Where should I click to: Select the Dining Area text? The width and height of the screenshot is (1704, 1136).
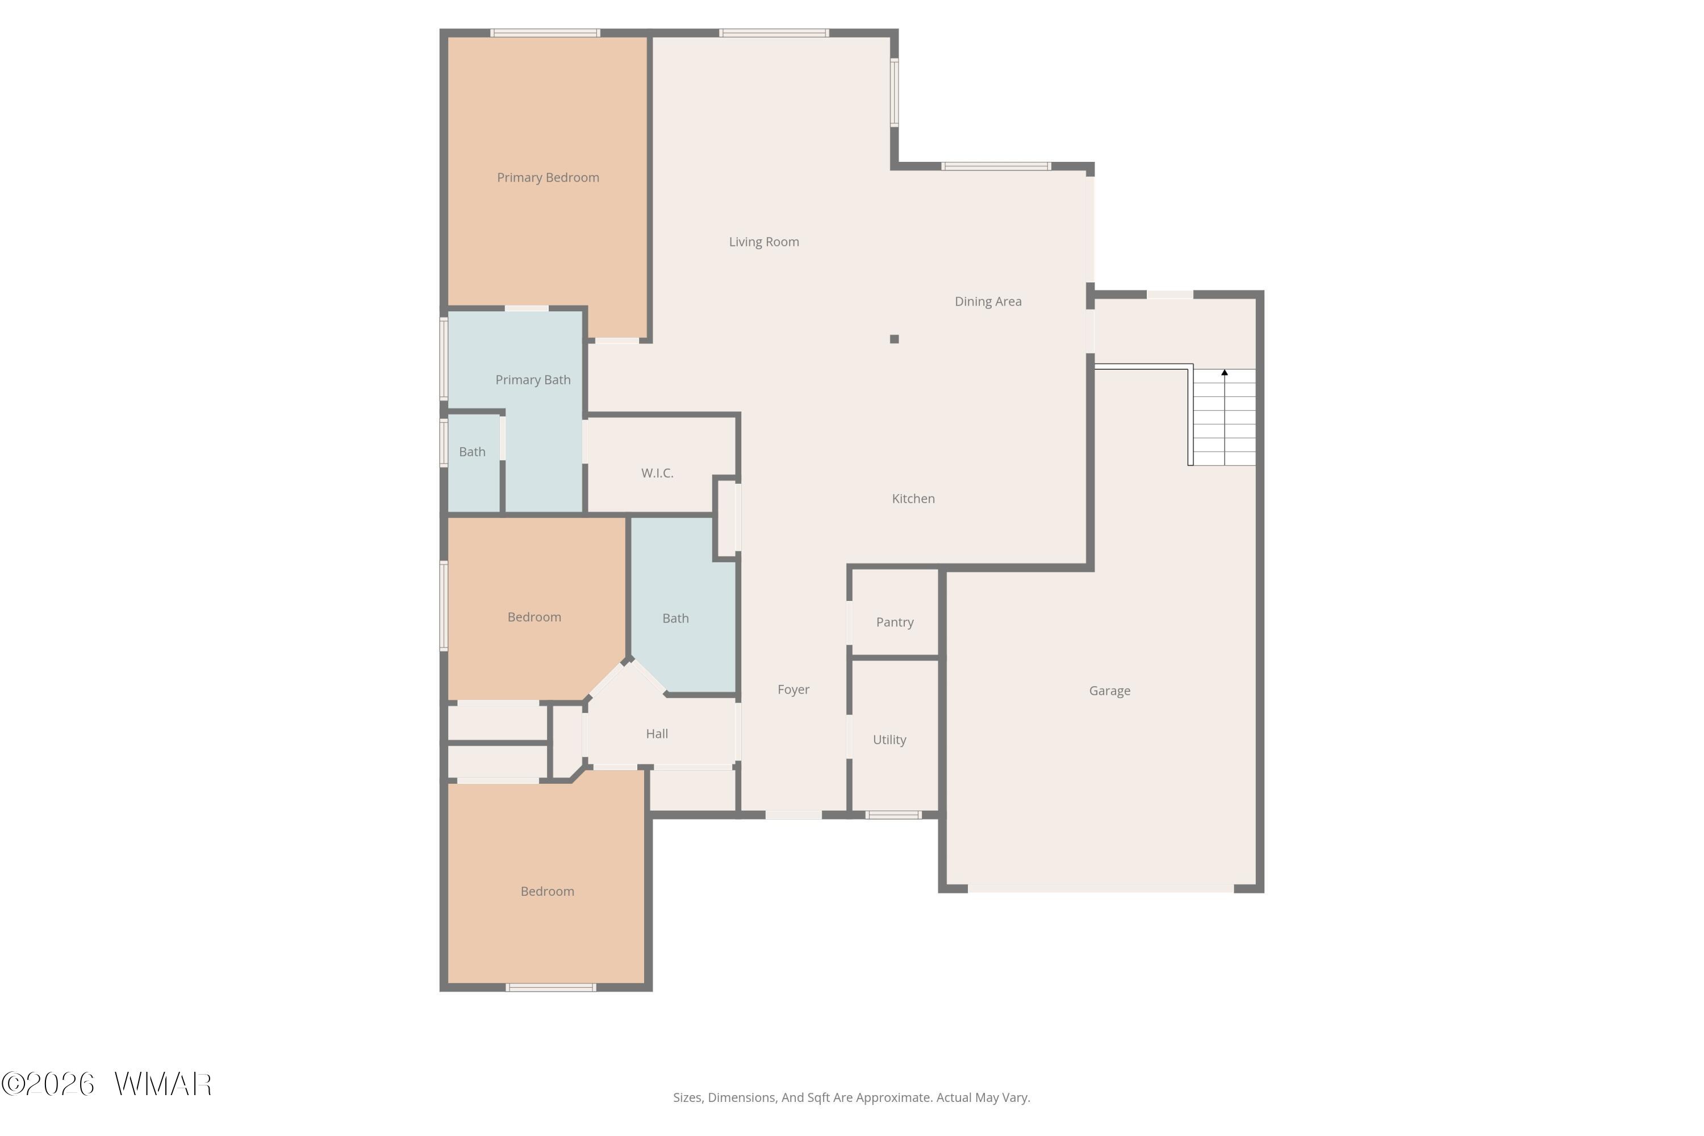pos(988,302)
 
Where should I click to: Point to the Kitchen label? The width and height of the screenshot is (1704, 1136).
pos(913,499)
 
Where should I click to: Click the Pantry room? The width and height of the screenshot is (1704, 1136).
pos(895,613)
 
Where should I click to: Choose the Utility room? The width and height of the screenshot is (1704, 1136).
pos(895,736)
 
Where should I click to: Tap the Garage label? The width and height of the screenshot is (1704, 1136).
pos(1109,691)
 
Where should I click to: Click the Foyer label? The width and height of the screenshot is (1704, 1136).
pos(793,690)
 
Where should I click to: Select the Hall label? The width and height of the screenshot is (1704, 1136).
pos(657,734)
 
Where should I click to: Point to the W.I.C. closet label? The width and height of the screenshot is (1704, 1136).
pos(657,473)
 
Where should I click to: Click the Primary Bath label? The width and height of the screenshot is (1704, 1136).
pos(533,379)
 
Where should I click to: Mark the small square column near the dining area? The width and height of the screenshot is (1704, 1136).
pos(894,339)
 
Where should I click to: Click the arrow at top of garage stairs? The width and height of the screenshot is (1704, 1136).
pos(1225,373)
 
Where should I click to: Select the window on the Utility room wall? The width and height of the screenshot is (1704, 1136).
pos(893,815)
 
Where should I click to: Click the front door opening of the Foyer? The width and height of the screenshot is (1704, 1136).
pos(793,815)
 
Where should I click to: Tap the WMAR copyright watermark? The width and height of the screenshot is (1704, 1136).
pos(107,1084)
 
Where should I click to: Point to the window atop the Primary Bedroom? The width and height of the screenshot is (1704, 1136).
pos(545,32)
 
